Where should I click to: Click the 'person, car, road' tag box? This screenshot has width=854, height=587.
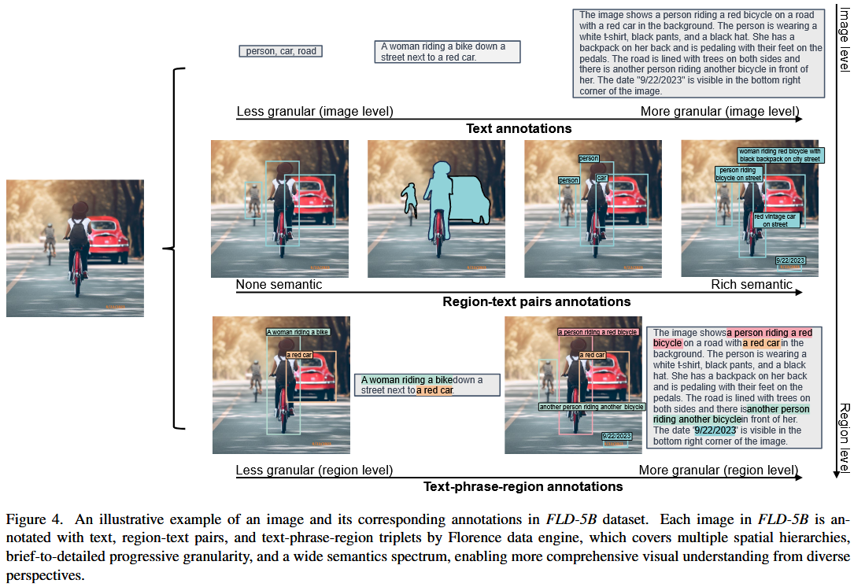[x=281, y=51]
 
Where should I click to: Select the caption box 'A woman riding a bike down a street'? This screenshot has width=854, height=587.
[x=446, y=52]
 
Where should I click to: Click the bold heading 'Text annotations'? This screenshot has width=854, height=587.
[x=519, y=128]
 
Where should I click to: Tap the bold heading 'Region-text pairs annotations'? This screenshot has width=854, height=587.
[x=536, y=301]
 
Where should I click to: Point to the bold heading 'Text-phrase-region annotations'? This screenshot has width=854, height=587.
[x=523, y=486]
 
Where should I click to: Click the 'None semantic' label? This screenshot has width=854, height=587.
[x=279, y=284]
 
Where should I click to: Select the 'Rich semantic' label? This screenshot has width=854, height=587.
[x=752, y=284]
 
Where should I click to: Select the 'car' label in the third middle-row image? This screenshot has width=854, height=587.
[x=601, y=178]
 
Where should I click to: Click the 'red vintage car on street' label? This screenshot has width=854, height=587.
[x=776, y=220]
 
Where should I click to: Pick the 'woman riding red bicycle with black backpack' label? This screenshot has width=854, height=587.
[x=779, y=155]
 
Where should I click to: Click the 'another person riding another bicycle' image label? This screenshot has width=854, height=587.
[x=591, y=407]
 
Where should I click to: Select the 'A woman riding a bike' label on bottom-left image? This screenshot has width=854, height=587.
[x=298, y=332]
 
